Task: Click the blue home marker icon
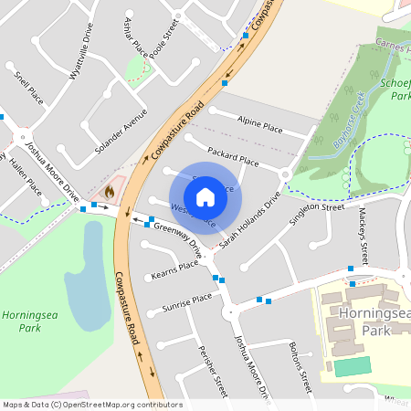(205, 197)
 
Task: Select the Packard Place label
(234, 154)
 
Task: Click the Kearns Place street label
(176, 267)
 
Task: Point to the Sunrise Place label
(186, 302)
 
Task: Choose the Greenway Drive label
(177, 235)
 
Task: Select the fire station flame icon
(110, 192)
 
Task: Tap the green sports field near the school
(353, 366)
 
